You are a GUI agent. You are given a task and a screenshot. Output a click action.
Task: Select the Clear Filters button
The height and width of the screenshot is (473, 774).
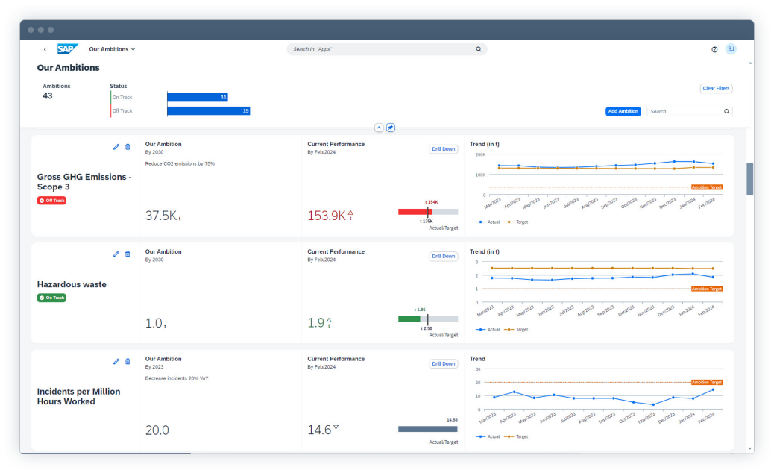[716, 88]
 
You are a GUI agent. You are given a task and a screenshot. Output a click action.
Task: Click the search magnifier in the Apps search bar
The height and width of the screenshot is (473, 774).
[479, 49]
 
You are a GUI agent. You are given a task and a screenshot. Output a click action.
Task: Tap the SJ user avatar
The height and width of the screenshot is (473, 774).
[731, 49]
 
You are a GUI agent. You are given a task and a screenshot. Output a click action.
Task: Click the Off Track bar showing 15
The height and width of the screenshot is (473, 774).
[208, 111]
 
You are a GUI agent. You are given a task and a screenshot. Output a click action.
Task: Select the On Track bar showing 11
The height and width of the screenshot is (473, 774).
[198, 97]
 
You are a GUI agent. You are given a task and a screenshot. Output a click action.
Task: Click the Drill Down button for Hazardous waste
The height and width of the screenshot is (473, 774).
[443, 256]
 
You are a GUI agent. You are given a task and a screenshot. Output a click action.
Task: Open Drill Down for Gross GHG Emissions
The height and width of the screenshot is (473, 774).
[443, 148]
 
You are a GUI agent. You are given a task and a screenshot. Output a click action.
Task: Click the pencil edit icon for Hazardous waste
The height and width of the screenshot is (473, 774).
[116, 254]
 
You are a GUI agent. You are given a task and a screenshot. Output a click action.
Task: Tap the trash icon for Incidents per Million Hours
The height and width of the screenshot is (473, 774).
[128, 361]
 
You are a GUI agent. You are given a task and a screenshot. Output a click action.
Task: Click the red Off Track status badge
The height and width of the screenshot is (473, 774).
[51, 201]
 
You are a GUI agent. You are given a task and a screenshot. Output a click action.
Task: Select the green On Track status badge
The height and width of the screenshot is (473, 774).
[51, 298]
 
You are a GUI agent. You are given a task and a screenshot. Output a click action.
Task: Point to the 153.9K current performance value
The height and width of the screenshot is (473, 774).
[326, 216]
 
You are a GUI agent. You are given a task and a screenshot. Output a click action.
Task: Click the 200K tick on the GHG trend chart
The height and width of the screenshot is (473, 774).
[479, 154]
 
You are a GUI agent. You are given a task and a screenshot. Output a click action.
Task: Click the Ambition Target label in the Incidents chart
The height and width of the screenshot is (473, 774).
[707, 382]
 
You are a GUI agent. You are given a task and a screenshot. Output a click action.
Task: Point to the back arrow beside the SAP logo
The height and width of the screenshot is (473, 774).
[45, 49]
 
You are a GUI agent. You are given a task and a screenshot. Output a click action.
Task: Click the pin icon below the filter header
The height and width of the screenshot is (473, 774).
[391, 128]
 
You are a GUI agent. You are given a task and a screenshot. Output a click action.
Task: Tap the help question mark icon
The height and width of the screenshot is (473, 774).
[714, 49]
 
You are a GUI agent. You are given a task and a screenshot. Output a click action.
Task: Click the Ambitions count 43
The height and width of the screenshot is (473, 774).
[48, 95]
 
